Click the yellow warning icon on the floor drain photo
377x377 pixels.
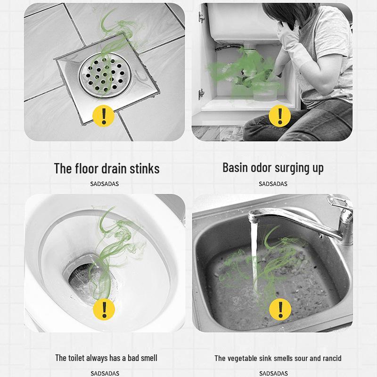click(x=104, y=116)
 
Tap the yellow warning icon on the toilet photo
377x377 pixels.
click(x=104, y=309)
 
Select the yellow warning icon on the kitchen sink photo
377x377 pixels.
click(x=280, y=309)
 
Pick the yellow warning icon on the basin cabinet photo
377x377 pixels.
click(x=279, y=116)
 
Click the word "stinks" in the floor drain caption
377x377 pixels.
click(x=145, y=168)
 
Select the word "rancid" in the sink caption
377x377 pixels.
click(x=332, y=358)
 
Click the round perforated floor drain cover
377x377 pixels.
click(x=105, y=75)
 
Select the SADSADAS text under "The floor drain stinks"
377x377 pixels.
click(x=104, y=184)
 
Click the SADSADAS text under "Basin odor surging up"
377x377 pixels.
click(x=273, y=184)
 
